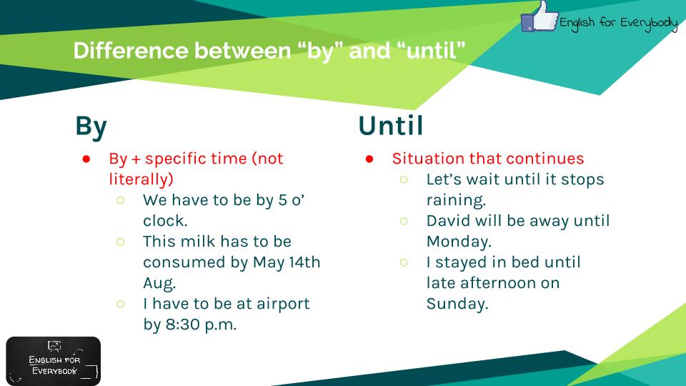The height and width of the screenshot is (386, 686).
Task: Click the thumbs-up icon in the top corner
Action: [x=540, y=16]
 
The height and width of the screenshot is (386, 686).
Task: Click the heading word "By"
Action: [x=91, y=127]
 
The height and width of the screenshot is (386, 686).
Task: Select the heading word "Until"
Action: [x=391, y=126]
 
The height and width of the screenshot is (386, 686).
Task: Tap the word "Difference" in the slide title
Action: [x=130, y=50]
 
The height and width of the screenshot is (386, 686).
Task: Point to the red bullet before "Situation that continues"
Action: [x=369, y=159]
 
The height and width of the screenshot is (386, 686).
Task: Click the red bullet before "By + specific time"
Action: [x=86, y=159]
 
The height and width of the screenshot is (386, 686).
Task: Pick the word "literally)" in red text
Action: [x=141, y=179]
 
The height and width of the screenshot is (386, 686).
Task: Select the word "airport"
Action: [x=283, y=305]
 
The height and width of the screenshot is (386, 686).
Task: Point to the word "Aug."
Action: [x=159, y=284]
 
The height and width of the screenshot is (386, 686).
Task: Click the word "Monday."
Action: [x=459, y=242]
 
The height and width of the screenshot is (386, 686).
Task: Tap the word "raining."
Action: [x=457, y=200]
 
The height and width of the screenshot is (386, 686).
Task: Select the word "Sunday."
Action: [x=457, y=304]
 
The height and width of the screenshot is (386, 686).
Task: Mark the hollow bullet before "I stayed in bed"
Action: [x=404, y=262]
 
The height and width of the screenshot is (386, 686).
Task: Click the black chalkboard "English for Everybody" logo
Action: [x=54, y=361]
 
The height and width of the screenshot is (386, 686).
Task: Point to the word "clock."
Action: [x=165, y=221]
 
